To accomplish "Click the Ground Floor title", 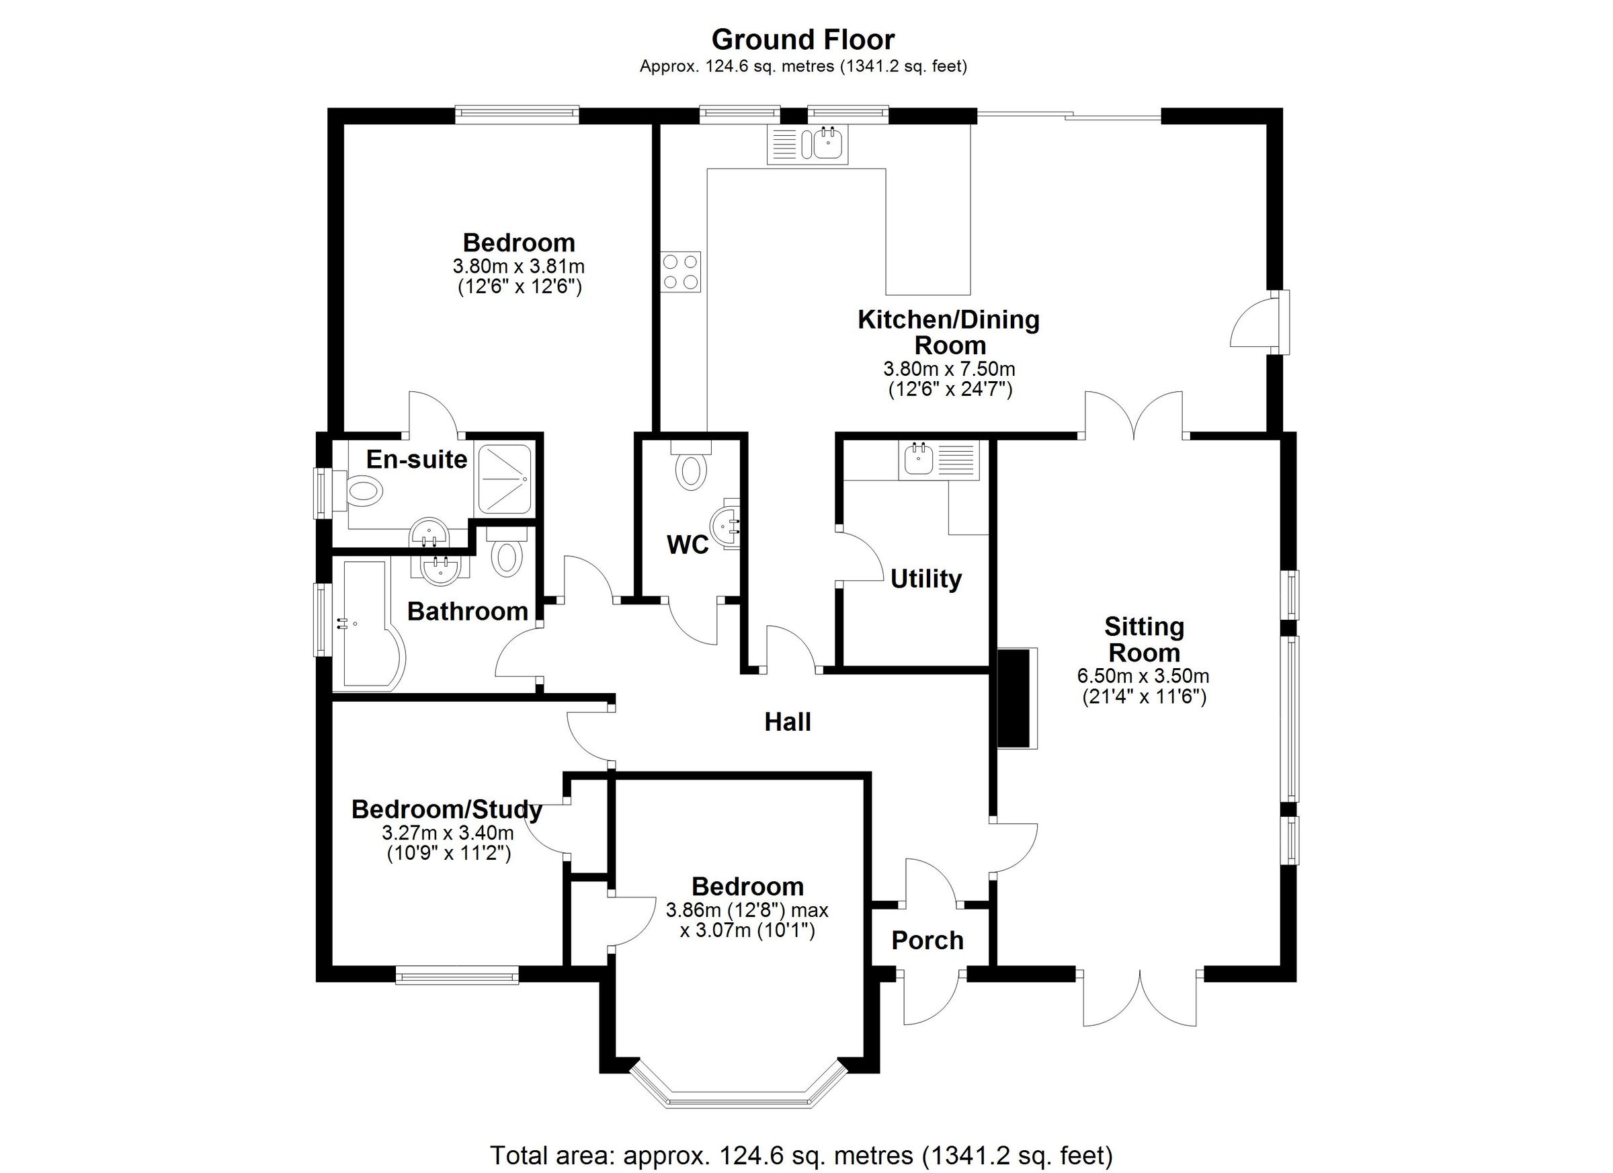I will click(803, 40).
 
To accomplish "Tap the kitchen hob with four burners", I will click(681, 272).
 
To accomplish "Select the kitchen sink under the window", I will click(827, 145).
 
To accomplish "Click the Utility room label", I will click(925, 579).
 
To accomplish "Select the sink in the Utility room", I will click(917, 460).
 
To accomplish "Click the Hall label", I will click(787, 723).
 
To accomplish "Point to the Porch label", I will click(927, 940).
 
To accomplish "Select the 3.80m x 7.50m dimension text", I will click(949, 369).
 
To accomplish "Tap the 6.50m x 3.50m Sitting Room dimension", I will click(1143, 676).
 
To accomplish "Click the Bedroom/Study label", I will click(447, 809).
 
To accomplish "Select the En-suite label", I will click(416, 460).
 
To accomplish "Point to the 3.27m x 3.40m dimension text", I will click(448, 832).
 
